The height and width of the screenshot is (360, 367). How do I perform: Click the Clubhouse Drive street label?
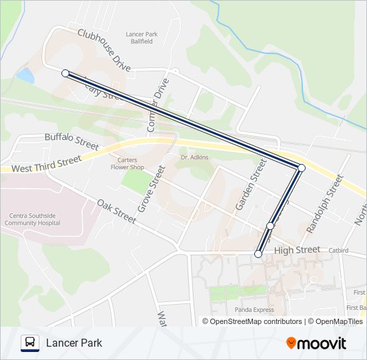tap(103, 50)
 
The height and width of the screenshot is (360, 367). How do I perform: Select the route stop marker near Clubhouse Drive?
tap(65, 73)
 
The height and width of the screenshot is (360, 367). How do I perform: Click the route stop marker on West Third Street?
tap(301, 168)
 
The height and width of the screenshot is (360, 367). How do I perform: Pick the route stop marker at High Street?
tap(258, 253)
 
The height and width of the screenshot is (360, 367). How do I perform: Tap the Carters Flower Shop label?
tap(127, 163)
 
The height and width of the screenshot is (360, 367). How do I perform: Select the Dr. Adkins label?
tap(195, 157)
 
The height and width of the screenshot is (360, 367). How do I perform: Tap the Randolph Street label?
tap(324, 203)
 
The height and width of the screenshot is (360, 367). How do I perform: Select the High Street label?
tap(297, 249)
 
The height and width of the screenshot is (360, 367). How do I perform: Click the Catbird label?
tap(338, 251)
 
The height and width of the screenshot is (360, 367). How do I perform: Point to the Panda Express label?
tap(254, 310)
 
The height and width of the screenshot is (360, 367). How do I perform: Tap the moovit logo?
tap(316, 343)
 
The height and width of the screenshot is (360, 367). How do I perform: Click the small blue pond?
tap(26, 75)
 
